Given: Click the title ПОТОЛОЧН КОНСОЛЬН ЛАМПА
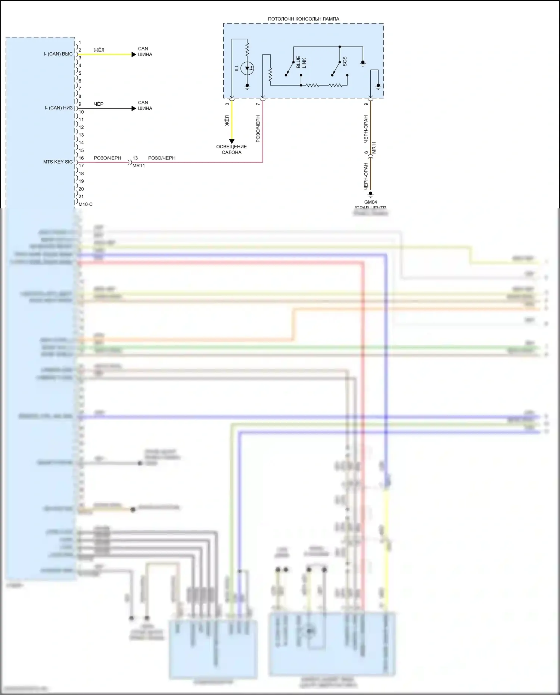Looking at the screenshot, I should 303,19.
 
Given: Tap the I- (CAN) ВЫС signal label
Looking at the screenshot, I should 58,54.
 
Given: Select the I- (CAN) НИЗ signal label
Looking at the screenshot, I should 59,108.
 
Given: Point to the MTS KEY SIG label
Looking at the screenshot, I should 58,162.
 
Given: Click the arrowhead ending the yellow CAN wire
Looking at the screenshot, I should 134,55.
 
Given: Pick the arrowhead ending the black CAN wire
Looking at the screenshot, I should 134,109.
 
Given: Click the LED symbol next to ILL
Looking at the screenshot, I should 247,69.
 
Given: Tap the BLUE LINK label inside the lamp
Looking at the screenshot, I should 301,62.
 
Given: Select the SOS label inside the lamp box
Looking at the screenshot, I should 345,62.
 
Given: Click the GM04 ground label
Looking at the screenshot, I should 370,202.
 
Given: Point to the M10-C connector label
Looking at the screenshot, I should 85,204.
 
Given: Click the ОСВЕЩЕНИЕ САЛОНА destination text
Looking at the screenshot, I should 231,149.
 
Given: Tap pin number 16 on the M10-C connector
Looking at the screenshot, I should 81,158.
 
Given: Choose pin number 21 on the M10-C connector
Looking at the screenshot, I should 81,196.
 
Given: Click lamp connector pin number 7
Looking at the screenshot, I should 258,104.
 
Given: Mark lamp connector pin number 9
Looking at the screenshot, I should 366,104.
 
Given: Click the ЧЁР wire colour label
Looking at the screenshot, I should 99,104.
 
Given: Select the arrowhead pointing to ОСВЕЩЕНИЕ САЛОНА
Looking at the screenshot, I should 232,142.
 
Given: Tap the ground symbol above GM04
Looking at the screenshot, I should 370,194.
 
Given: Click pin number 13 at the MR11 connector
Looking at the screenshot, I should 135,158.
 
